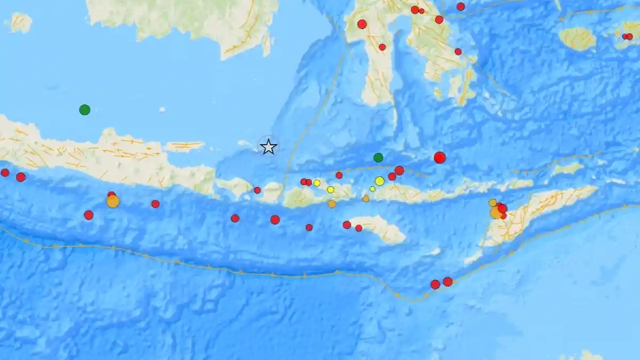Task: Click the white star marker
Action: tap(268, 147)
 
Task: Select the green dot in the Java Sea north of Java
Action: tap(84, 110)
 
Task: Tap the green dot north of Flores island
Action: tap(378, 157)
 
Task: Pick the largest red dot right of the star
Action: tap(439, 157)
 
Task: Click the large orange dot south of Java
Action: tap(113, 201)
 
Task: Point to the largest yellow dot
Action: tap(379, 181)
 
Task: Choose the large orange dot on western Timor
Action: tap(496, 212)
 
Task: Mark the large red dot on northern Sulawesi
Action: tap(362, 24)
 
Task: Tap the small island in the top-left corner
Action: tap(20, 22)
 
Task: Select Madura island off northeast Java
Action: tap(184, 146)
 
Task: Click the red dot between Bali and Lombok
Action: tap(257, 190)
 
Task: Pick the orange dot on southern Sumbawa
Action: tap(332, 204)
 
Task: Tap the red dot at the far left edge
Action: tap(5, 172)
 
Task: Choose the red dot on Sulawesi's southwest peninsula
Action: tap(382, 47)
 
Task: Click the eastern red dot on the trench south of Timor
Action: tap(447, 282)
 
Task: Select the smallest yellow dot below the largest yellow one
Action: tap(372, 189)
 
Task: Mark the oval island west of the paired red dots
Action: tap(577, 38)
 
